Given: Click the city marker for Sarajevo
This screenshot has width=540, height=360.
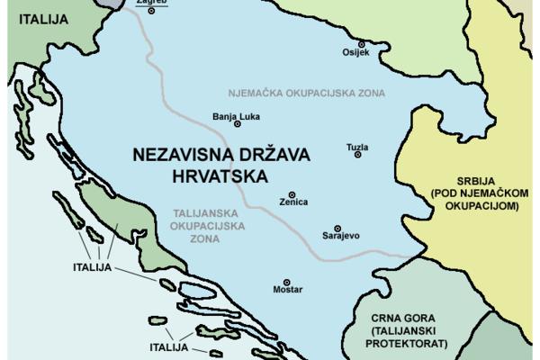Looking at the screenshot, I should click(337, 228).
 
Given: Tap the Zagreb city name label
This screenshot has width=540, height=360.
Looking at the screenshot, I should click(150, 3).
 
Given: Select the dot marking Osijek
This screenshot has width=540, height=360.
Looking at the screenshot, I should click(362, 43).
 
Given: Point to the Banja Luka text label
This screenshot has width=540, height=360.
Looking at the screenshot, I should click(236, 116).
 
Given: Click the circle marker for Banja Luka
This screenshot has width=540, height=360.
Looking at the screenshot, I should click(238, 127).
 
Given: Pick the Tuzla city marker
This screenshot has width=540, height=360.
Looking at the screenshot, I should click(357, 155).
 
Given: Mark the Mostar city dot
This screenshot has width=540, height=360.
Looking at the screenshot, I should click(287, 282).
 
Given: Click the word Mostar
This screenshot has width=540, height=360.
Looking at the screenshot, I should click(287, 291).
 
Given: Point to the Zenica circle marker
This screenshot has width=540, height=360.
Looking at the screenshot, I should click(291, 193).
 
